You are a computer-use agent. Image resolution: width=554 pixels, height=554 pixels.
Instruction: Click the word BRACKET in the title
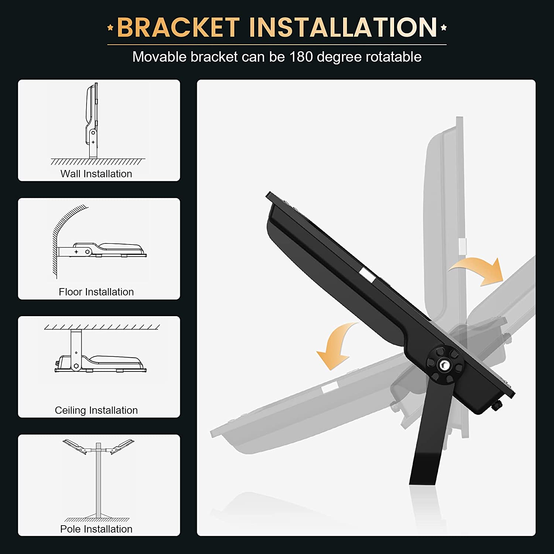pyautogui.click(x=178, y=27)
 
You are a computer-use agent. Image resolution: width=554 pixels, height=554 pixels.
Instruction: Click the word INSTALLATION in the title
pyautogui.click(x=343, y=27)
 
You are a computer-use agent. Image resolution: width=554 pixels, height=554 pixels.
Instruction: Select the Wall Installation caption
pyautogui.click(x=96, y=174)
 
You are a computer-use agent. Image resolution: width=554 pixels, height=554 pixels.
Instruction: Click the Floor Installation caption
pyautogui.click(x=96, y=292)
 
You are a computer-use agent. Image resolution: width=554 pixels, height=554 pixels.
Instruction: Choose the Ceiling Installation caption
pyautogui.click(x=96, y=410)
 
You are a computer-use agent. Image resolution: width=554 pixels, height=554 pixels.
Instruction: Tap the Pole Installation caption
pyautogui.click(x=96, y=529)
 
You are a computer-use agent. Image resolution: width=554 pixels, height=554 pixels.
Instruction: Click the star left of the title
pyautogui.click(x=110, y=27)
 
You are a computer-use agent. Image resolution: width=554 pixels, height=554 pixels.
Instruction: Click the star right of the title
pyautogui.click(x=444, y=27)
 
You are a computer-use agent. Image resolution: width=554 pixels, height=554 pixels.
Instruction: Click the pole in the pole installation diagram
pyautogui.click(x=98, y=480)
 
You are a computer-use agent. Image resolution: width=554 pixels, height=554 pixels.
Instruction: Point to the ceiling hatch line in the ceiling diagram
pyautogui.click(x=102, y=327)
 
